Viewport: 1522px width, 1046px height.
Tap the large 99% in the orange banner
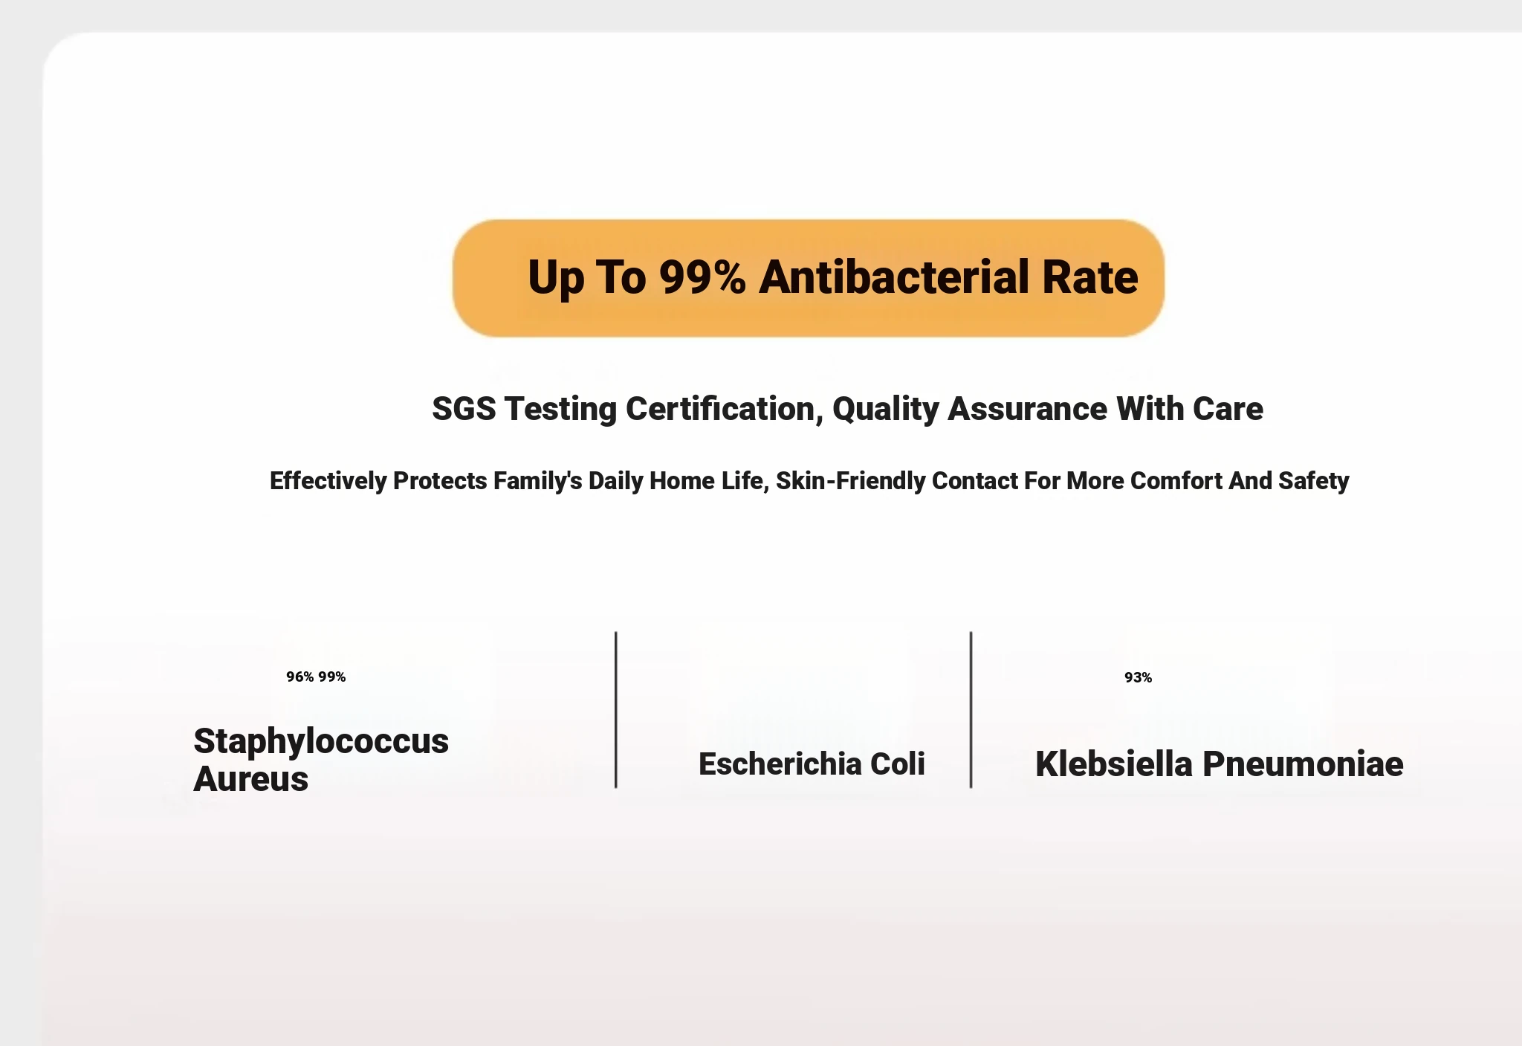tap(702, 277)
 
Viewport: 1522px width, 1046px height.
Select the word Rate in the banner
tap(1090, 277)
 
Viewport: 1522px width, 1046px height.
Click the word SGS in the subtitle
tap(464, 409)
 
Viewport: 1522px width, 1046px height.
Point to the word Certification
tap(725, 409)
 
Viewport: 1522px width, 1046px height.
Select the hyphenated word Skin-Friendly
tap(851, 481)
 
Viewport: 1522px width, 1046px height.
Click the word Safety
tap(1313, 481)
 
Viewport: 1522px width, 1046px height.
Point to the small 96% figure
tap(300, 677)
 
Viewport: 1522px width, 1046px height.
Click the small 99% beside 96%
tap(332, 677)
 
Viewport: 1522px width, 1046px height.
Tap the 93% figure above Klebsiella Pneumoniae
tap(1138, 677)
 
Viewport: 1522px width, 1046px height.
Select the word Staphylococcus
tap(321, 742)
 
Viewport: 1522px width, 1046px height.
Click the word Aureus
tap(250, 779)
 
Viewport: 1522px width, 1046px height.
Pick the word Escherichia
tap(780, 764)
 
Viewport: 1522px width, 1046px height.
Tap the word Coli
tap(898, 764)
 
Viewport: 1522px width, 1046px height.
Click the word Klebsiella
tap(1114, 764)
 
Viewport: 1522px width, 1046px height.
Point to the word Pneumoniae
tap(1303, 764)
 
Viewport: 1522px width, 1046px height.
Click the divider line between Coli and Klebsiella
tap(971, 709)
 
